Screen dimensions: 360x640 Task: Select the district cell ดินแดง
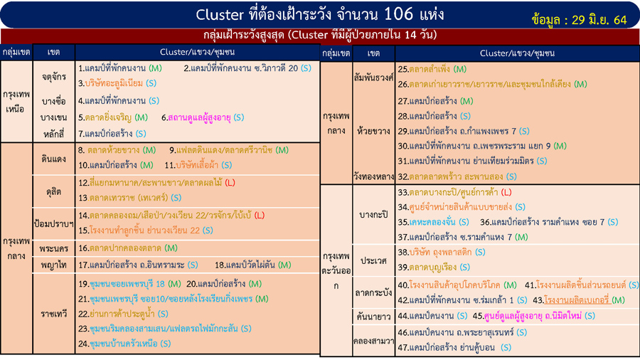pos(53,158)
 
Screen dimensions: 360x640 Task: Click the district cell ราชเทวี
pos(53,312)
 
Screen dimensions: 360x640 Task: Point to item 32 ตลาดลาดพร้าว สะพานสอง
pos(459,176)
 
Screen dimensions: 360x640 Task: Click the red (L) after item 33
pos(506,192)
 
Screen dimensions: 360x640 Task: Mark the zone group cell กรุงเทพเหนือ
pos(16,102)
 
